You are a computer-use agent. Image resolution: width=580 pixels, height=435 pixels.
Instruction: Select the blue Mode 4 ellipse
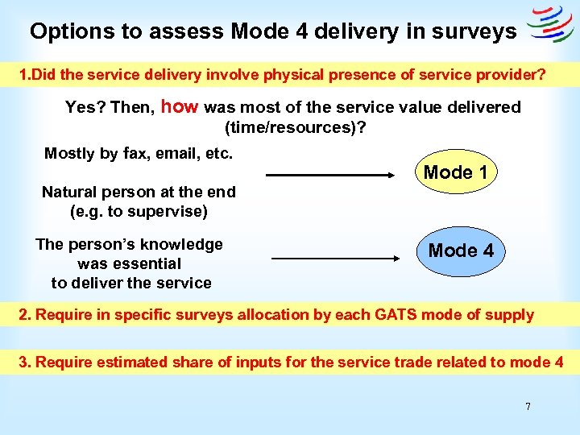pos(461,251)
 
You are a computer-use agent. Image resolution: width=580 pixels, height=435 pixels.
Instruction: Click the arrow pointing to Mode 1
pos(327,175)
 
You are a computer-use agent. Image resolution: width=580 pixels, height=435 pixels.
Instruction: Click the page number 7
pos(528,407)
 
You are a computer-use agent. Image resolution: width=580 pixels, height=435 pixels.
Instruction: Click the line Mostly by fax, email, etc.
pos(139,153)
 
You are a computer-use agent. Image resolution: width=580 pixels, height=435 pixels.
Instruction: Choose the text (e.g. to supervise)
pos(139,212)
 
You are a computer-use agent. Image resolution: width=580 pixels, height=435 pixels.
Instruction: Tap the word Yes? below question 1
pos(83,107)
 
